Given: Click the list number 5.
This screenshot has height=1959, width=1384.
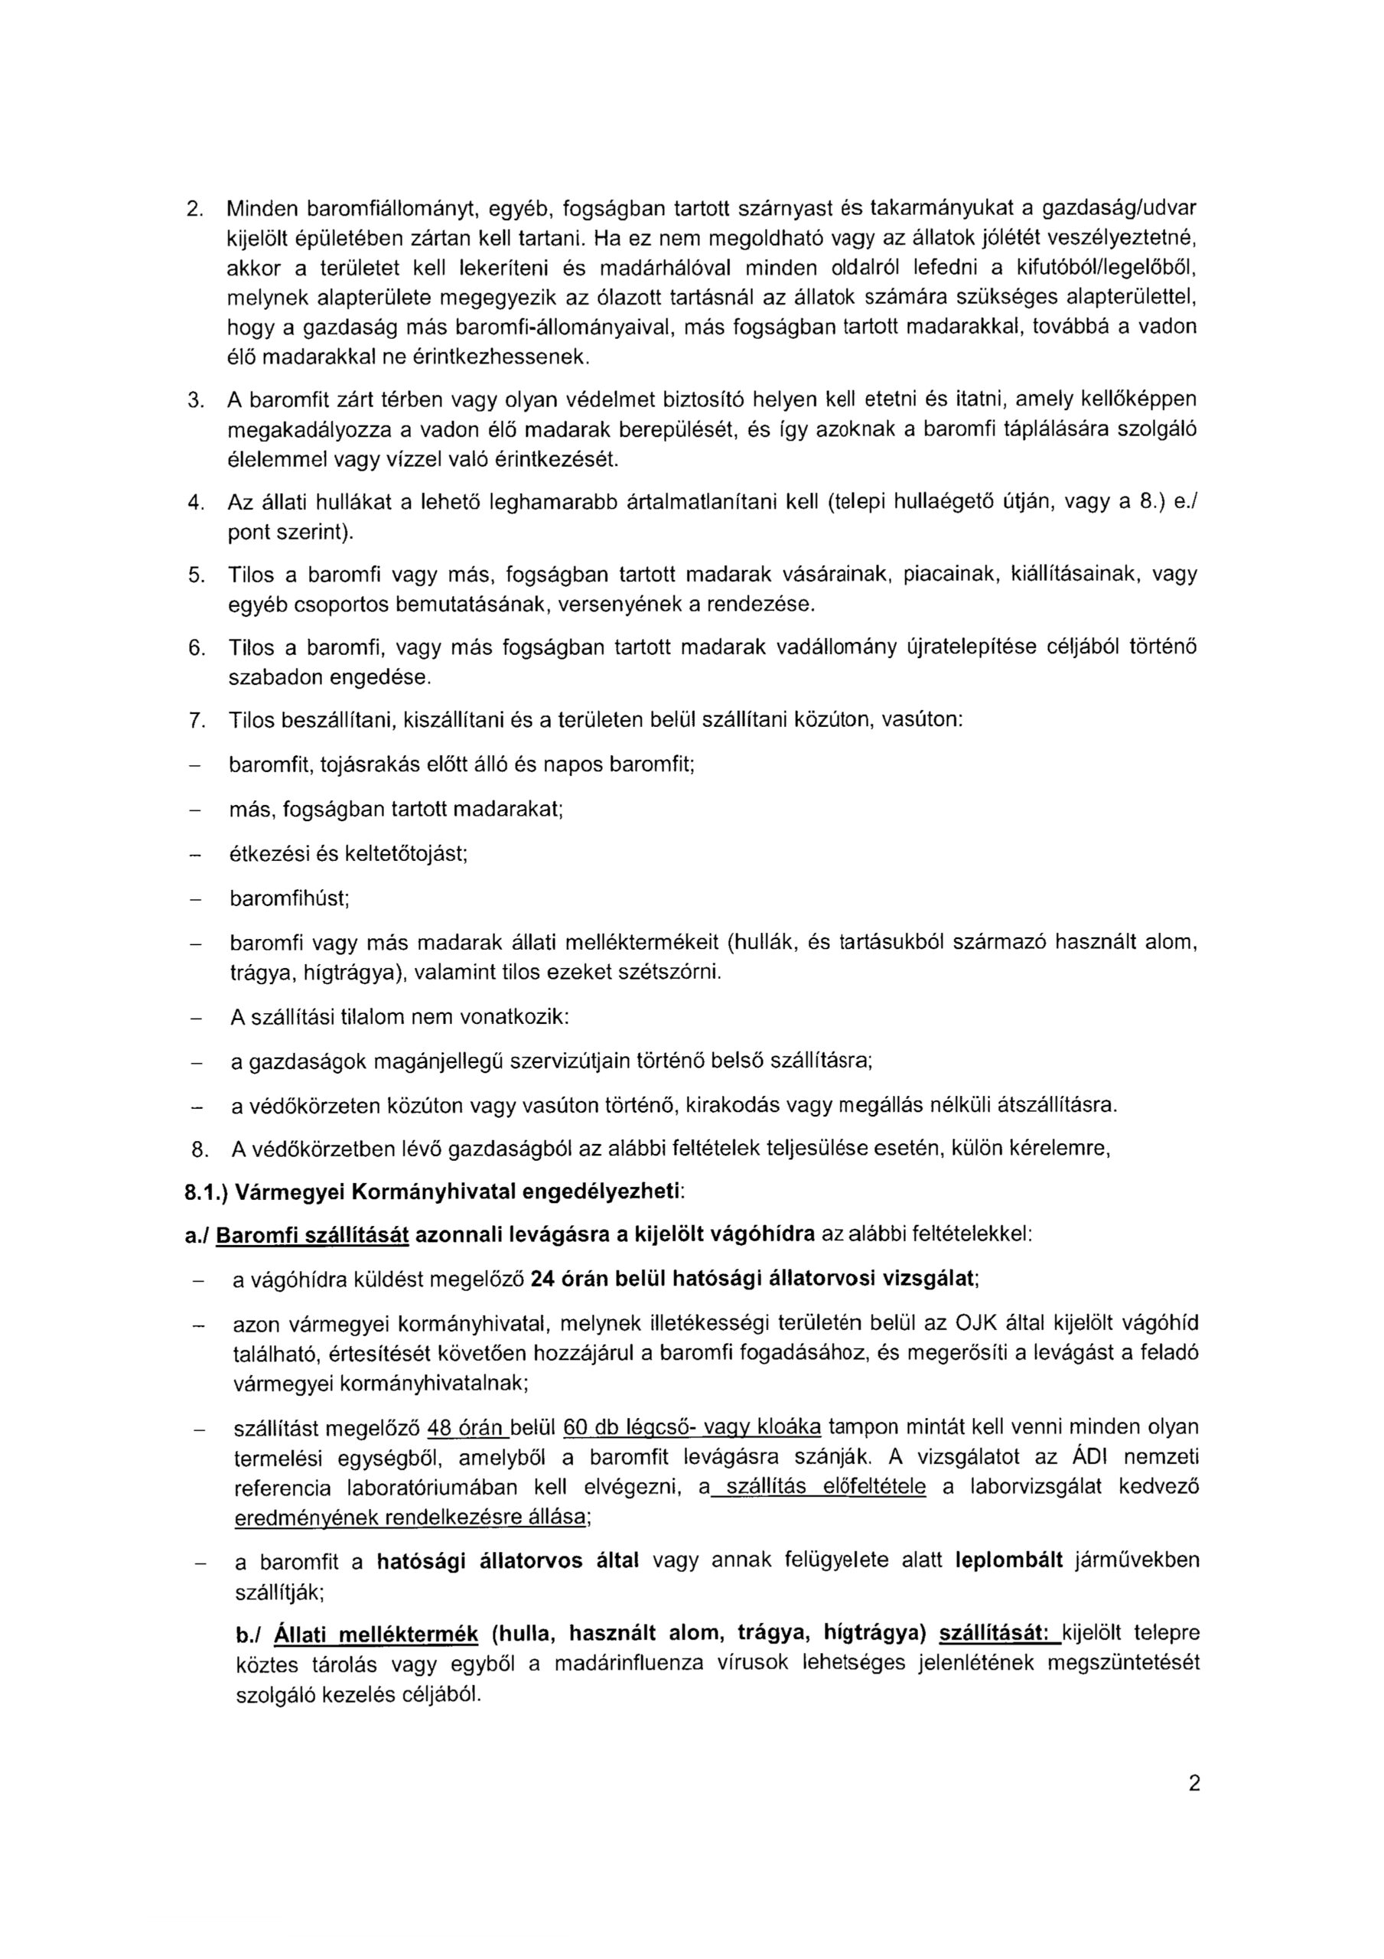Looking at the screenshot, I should [194, 575].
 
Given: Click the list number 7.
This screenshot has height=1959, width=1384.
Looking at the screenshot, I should [194, 720].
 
